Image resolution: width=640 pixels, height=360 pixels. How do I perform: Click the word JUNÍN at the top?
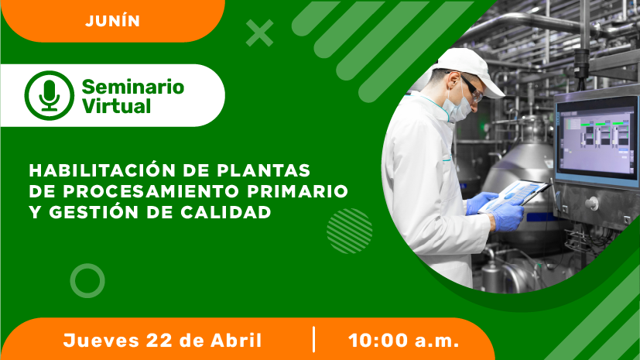coord(113,21)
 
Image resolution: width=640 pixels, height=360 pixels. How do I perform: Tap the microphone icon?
coord(50,95)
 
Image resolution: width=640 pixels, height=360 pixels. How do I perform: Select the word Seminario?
coord(133,87)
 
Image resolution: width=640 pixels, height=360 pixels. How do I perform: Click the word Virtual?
coord(116,106)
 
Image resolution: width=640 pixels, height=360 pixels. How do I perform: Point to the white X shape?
coord(259,33)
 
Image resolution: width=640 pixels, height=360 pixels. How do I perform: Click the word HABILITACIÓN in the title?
coord(102,170)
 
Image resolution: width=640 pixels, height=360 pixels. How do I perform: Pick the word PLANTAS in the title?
coord(264,170)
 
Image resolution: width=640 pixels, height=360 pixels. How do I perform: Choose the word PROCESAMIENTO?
coord(151,191)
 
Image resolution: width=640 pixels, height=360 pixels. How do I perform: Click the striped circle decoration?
coord(349,231)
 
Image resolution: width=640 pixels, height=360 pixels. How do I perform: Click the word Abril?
coord(236,340)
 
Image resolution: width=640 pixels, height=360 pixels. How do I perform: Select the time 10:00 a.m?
coord(404,341)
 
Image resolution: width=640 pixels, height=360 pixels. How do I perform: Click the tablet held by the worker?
coord(514,196)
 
